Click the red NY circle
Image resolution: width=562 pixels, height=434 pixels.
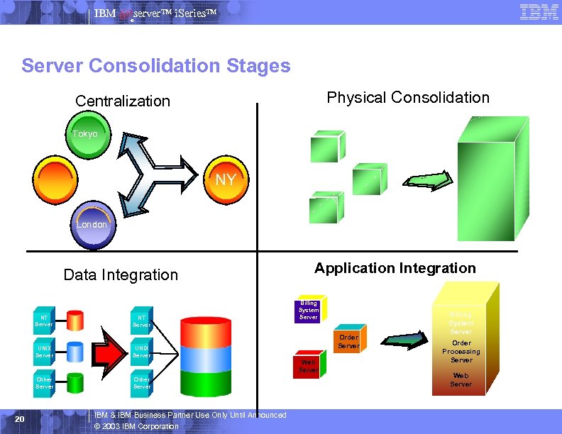[225, 179]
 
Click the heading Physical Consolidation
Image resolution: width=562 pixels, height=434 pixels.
[408, 97]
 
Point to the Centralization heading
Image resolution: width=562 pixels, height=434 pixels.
[123, 101]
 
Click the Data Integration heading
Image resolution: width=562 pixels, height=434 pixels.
[121, 274]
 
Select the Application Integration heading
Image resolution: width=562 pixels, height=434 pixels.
[395, 268]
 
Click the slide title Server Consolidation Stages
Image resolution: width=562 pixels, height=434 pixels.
[156, 66]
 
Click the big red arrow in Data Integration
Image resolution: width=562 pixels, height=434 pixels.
[114, 349]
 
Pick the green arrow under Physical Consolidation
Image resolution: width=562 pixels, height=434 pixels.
[428, 180]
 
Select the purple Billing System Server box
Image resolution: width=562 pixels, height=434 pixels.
[309, 309]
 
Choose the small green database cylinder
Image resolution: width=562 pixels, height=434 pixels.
[75, 383]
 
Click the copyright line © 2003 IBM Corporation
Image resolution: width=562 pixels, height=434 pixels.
[136, 426]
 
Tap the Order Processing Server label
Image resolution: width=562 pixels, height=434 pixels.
[461, 351]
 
